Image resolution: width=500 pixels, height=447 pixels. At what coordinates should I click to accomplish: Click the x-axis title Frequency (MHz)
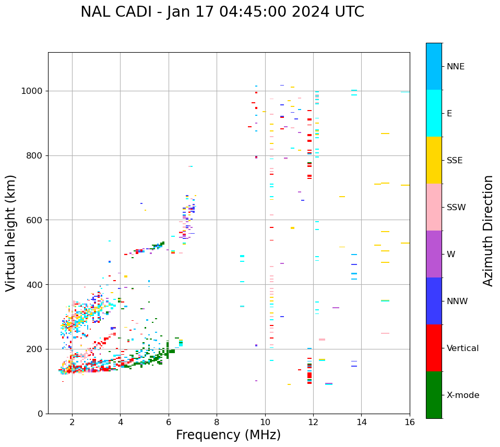tap(228, 435)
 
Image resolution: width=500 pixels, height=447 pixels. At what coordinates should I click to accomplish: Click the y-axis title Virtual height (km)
tap(11, 233)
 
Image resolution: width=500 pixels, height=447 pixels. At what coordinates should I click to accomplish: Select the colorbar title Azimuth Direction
tap(488, 230)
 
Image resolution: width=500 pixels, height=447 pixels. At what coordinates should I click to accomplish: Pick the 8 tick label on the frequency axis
tap(217, 422)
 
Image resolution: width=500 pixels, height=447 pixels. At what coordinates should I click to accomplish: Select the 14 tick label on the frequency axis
tap(361, 422)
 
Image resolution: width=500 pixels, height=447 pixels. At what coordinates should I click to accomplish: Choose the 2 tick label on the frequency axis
tap(72, 422)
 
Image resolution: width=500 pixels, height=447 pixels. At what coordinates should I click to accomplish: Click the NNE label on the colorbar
tap(456, 67)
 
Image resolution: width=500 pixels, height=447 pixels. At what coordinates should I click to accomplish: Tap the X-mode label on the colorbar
tap(463, 395)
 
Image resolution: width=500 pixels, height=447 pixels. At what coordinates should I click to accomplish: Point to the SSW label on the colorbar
tap(456, 208)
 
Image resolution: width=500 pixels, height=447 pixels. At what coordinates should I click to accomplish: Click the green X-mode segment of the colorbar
tap(434, 395)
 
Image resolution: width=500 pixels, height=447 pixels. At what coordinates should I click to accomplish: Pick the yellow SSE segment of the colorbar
tap(434, 160)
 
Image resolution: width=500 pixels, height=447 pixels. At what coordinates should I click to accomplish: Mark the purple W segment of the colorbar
tap(434, 254)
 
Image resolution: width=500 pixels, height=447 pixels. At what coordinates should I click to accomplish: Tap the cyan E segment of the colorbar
tap(434, 113)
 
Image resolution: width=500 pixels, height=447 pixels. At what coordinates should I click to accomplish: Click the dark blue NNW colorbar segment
tap(434, 301)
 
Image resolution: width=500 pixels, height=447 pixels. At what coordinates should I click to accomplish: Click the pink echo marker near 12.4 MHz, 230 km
tap(322, 340)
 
